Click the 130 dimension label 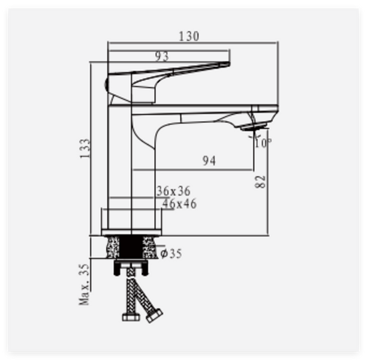[189, 37]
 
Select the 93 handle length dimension [162, 56]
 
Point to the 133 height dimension [85, 149]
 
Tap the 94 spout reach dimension [209, 161]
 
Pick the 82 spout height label [260, 182]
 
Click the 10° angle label [263, 143]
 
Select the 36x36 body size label [173, 191]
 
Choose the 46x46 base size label [179, 203]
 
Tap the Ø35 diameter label [172, 253]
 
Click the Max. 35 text [85, 284]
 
